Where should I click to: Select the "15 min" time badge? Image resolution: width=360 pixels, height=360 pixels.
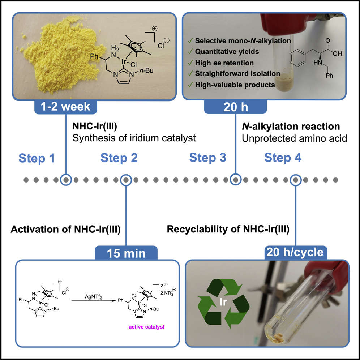(x=126, y=254)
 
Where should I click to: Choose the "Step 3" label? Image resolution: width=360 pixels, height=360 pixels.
(x=208, y=158)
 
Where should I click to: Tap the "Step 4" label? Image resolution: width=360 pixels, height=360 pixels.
(x=283, y=158)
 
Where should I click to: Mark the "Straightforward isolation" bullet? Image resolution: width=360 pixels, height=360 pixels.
(x=237, y=74)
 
